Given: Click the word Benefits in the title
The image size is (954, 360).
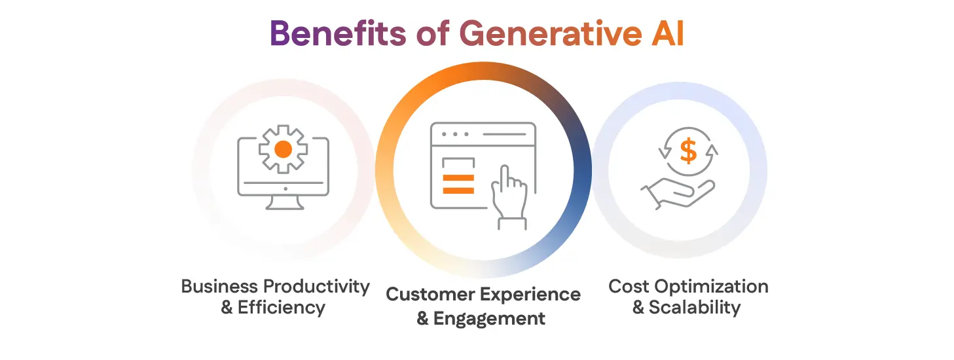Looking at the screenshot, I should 335,33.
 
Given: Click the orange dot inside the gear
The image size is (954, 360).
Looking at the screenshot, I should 283,149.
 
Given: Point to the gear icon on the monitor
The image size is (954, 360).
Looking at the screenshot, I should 283,149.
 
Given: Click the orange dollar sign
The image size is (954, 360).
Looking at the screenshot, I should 688,151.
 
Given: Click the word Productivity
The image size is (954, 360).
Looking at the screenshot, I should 316,287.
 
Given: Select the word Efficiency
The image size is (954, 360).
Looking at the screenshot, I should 282,308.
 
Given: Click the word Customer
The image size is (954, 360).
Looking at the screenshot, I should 431,295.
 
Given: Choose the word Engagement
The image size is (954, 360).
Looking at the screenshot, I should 489,319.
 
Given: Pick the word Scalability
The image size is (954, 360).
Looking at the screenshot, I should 695,308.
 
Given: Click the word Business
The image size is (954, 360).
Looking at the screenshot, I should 219,287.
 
